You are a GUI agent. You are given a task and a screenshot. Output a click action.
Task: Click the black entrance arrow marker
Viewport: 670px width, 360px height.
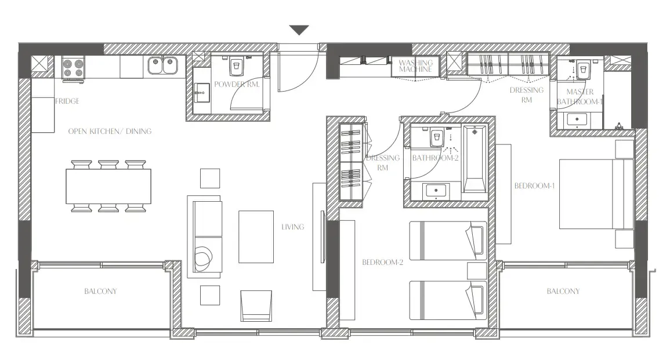[298, 30]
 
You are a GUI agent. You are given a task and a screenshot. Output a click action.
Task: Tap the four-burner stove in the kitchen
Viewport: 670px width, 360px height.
[73, 68]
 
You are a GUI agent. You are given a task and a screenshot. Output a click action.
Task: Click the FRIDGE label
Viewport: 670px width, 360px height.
[67, 101]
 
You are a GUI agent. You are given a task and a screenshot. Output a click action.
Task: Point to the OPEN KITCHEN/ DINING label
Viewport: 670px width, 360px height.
[110, 132]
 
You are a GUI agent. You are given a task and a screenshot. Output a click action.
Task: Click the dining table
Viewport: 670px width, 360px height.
[108, 186]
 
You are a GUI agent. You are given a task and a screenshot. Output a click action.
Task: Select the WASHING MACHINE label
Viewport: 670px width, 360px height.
[416, 66]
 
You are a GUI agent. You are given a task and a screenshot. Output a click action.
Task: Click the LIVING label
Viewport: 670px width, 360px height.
[292, 227]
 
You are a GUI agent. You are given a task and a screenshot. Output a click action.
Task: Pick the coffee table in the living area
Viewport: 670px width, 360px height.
[255, 237]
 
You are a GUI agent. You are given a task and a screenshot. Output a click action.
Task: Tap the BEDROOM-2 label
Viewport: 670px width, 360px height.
[382, 262]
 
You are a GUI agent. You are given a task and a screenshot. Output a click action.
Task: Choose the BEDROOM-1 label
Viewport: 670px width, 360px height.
[535, 186]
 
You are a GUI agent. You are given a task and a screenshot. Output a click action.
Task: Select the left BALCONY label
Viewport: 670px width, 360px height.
[100, 291]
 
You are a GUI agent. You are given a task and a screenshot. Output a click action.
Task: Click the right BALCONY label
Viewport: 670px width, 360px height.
[563, 291]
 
